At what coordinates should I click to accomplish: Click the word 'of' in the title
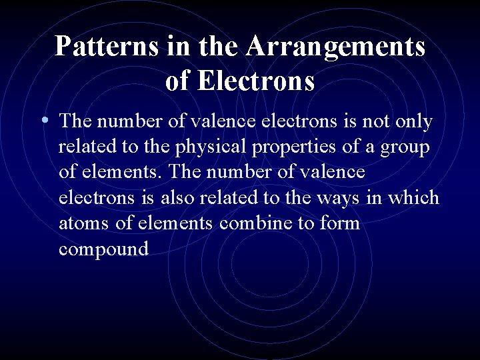[177, 81]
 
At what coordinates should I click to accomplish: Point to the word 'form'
[339, 223]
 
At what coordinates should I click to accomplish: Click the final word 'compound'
[103, 249]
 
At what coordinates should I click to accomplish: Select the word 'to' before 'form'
[307, 223]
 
